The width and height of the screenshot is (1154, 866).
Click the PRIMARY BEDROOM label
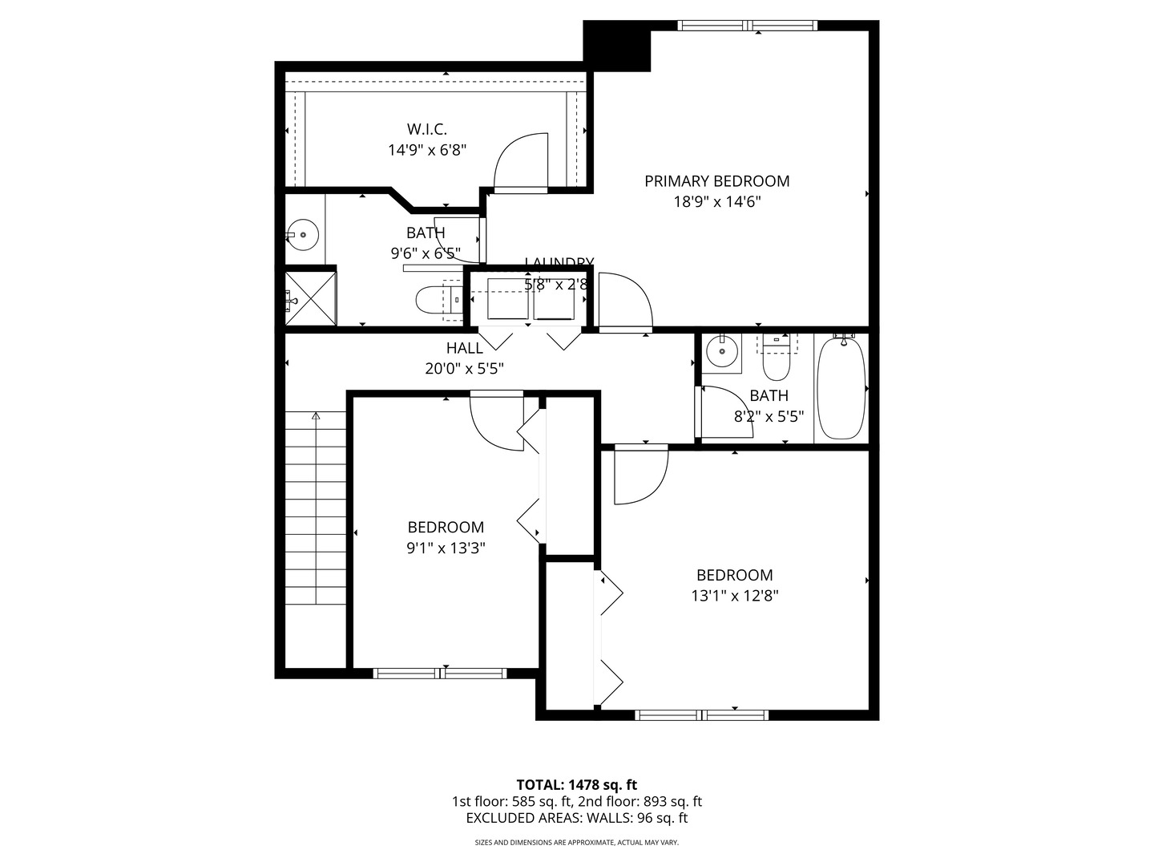point(716,181)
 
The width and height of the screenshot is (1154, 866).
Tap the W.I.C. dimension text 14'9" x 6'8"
point(427,149)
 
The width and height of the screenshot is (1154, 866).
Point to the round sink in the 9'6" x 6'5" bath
point(303,235)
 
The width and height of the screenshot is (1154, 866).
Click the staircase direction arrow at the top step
point(316,416)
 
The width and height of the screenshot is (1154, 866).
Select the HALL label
point(465,348)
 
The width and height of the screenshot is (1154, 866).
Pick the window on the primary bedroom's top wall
point(748,26)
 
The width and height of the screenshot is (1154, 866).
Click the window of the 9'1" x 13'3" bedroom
point(441,674)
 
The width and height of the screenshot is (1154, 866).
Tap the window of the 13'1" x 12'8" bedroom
point(701,714)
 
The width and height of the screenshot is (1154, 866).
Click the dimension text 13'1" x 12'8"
point(734,596)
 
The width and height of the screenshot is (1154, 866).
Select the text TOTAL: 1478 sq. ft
point(576,784)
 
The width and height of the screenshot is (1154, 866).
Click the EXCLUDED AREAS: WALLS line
point(576,818)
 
